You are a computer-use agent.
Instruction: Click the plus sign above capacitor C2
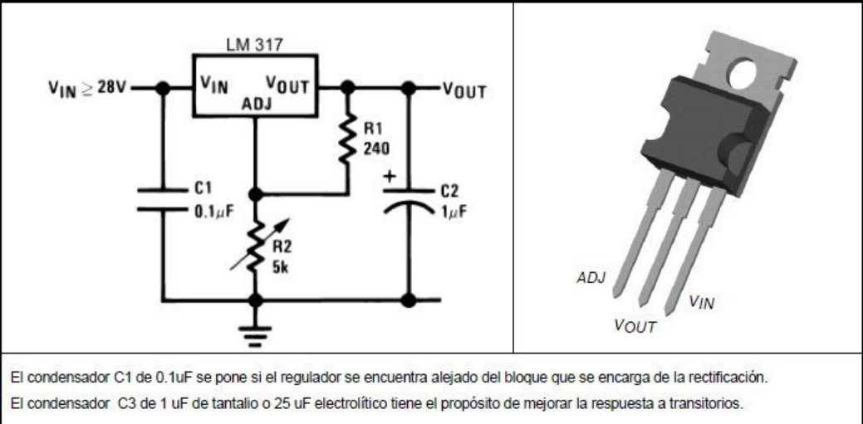[x=388, y=176]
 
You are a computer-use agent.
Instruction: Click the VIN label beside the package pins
[x=701, y=303]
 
